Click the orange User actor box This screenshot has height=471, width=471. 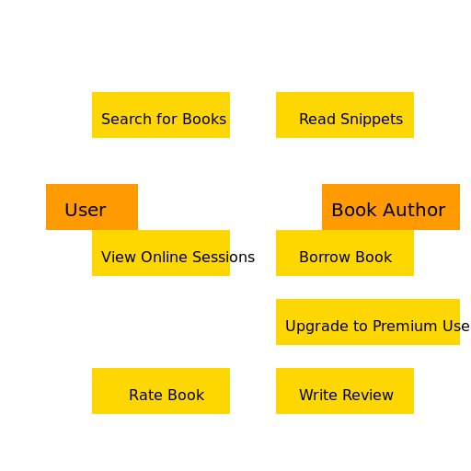[x=92, y=207]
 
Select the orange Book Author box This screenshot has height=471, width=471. [x=391, y=207]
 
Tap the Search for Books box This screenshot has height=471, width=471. [x=161, y=115]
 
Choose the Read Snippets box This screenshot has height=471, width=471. [x=345, y=115]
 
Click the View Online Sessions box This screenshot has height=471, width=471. [x=161, y=253]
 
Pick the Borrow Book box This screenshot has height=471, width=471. [x=345, y=253]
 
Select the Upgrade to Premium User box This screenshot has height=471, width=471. [x=368, y=322]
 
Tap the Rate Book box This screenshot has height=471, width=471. [x=161, y=391]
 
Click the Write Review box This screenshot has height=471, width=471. [x=345, y=391]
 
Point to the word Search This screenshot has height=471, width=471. [x=126, y=119]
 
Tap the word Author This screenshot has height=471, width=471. [x=414, y=210]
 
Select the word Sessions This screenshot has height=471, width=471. [x=224, y=257]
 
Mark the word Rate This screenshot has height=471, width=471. [x=142, y=395]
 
